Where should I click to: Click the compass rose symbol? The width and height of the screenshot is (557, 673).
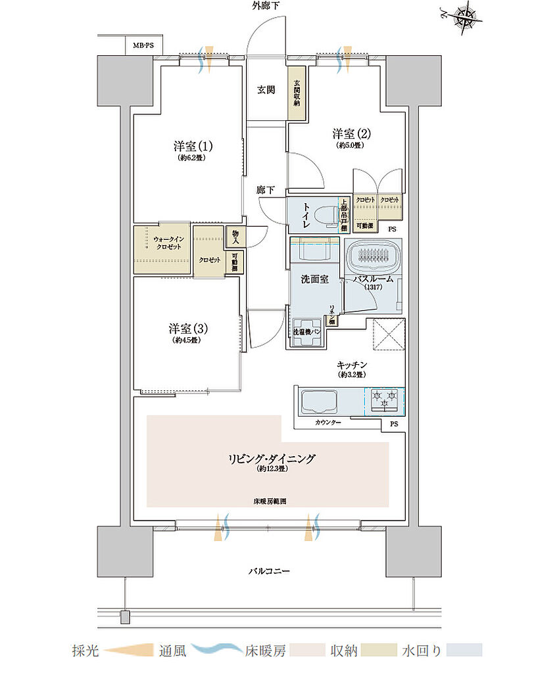(468, 16)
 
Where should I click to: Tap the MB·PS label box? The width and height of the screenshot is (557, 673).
(143, 45)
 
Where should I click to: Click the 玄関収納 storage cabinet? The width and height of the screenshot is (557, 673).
(297, 94)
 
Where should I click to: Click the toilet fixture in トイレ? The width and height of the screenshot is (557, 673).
(323, 216)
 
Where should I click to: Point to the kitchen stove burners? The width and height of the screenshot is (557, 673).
(385, 401)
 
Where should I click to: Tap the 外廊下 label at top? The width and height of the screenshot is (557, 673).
(265, 6)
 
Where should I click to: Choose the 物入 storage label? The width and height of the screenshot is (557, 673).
(235, 236)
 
